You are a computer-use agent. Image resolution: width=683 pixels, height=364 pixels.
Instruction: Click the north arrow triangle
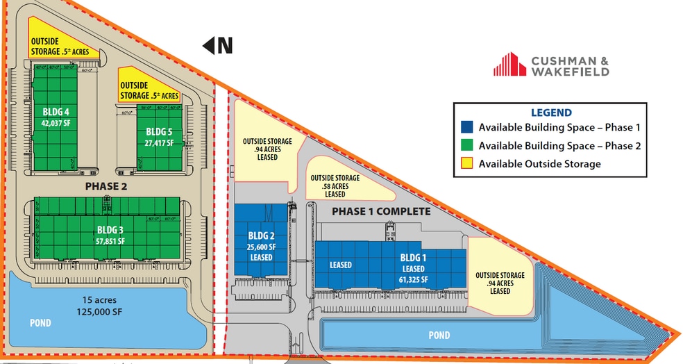[207, 46]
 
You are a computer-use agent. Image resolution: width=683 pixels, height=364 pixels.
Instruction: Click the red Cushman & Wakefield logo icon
[509, 65]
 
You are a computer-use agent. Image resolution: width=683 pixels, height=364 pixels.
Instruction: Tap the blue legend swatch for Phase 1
[467, 127]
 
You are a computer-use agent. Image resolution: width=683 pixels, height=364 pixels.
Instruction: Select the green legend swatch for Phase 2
[467, 146]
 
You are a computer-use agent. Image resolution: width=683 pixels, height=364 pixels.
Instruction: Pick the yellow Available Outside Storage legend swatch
[467, 164]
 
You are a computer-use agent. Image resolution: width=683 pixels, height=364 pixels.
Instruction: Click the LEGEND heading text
[551, 113]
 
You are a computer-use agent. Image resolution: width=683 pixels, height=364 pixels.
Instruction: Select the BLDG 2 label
[262, 235]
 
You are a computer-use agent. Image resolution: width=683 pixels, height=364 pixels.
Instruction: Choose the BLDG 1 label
[413, 258]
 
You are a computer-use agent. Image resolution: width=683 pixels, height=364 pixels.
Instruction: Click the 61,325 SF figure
[413, 280]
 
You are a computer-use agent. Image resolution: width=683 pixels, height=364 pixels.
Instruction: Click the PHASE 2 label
[108, 186]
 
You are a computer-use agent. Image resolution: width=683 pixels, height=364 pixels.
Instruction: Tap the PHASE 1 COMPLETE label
[381, 211]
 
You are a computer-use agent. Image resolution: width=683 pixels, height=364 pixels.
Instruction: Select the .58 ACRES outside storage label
[335, 186]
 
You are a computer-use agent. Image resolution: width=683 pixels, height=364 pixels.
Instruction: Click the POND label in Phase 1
[439, 336]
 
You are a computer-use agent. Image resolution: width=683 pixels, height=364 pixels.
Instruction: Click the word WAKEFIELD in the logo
[570, 71]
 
